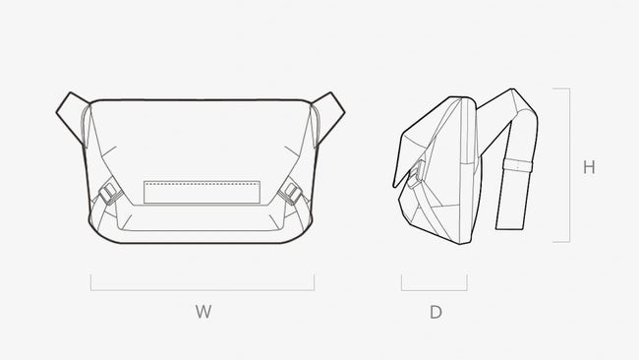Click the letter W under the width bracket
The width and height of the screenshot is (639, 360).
[x=203, y=312]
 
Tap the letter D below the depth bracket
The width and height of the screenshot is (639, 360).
[x=436, y=313]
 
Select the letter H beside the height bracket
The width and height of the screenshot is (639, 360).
[x=589, y=167]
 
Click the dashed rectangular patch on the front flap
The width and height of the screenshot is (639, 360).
[x=202, y=193]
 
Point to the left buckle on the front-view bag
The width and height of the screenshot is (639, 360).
[x=110, y=194]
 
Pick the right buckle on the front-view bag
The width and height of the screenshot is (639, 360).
[x=290, y=193]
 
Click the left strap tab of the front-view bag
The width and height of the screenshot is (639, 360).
[x=73, y=118]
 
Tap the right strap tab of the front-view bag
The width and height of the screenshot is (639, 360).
[x=328, y=118]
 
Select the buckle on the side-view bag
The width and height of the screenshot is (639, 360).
[x=415, y=175]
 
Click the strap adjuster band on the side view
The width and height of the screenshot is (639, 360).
[x=517, y=165]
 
